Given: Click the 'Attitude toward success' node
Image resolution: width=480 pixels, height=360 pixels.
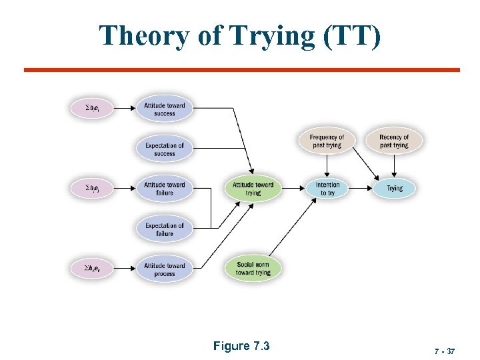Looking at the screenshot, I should coord(164,109).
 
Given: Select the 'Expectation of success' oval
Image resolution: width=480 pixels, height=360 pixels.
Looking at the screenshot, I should coord(164,149).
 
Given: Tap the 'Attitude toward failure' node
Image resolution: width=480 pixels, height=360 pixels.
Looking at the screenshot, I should coord(164,189).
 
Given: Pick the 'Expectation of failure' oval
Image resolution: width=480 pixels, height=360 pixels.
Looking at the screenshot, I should coord(164,229).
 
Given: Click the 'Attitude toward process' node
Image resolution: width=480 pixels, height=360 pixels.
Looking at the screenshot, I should coord(164,269).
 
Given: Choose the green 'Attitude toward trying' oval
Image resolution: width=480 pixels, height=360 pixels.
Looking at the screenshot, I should coord(253,189).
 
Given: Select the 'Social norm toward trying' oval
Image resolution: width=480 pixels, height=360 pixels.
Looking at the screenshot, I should coord(253,269).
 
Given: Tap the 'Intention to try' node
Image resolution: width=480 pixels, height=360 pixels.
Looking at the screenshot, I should coord(327,189).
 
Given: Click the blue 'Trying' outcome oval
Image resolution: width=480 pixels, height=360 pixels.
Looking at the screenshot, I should coord(395,189).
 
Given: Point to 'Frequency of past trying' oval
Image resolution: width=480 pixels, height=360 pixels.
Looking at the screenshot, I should coord(327,141).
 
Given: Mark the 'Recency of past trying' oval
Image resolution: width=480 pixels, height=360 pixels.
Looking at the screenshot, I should coord(394,141).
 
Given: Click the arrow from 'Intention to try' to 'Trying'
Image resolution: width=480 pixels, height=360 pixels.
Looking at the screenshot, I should coord(361,189).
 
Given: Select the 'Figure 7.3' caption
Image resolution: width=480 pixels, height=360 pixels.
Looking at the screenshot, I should coord(241,345).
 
